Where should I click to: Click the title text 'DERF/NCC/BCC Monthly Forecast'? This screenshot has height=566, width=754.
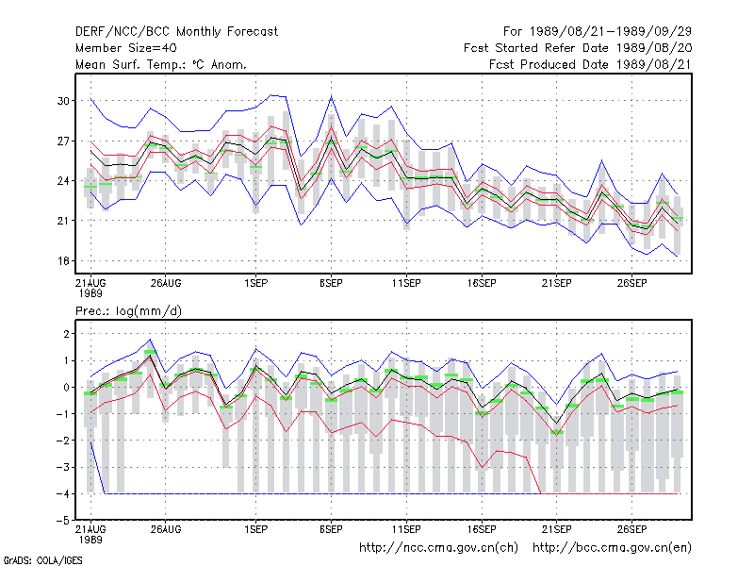pos(176,32)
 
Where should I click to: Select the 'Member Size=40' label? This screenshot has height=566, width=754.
pos(126,48)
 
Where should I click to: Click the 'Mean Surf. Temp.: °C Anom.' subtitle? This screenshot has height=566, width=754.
pos(161,64)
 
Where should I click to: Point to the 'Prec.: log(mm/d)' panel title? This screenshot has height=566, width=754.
pos(128,311)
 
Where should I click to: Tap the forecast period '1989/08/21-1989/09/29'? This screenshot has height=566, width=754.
pos(611,32)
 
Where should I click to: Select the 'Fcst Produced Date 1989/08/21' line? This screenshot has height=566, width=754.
pos(591,64)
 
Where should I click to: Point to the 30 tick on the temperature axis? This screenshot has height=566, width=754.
pos(63,101)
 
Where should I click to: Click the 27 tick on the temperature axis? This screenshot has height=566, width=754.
pos(63,141)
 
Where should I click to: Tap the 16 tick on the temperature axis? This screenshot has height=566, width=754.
pos(63,261)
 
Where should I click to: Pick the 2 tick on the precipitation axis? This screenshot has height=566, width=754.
pos(66,334)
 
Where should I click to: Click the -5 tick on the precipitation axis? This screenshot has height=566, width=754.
pos(63,521)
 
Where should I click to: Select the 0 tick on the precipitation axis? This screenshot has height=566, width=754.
pos(66,387)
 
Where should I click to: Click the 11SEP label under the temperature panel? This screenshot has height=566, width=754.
pos(406,283)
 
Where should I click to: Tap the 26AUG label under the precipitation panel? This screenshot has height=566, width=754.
pos(166,529)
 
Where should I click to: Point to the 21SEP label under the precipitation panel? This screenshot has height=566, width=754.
pos(557,529)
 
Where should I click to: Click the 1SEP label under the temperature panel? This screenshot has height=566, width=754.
pos(255,283)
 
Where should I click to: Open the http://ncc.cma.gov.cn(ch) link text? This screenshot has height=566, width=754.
pos(438,548)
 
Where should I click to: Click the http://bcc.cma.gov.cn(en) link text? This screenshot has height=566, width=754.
pos(612,548)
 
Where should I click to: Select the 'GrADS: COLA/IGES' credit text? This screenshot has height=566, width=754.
pos(42,560)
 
